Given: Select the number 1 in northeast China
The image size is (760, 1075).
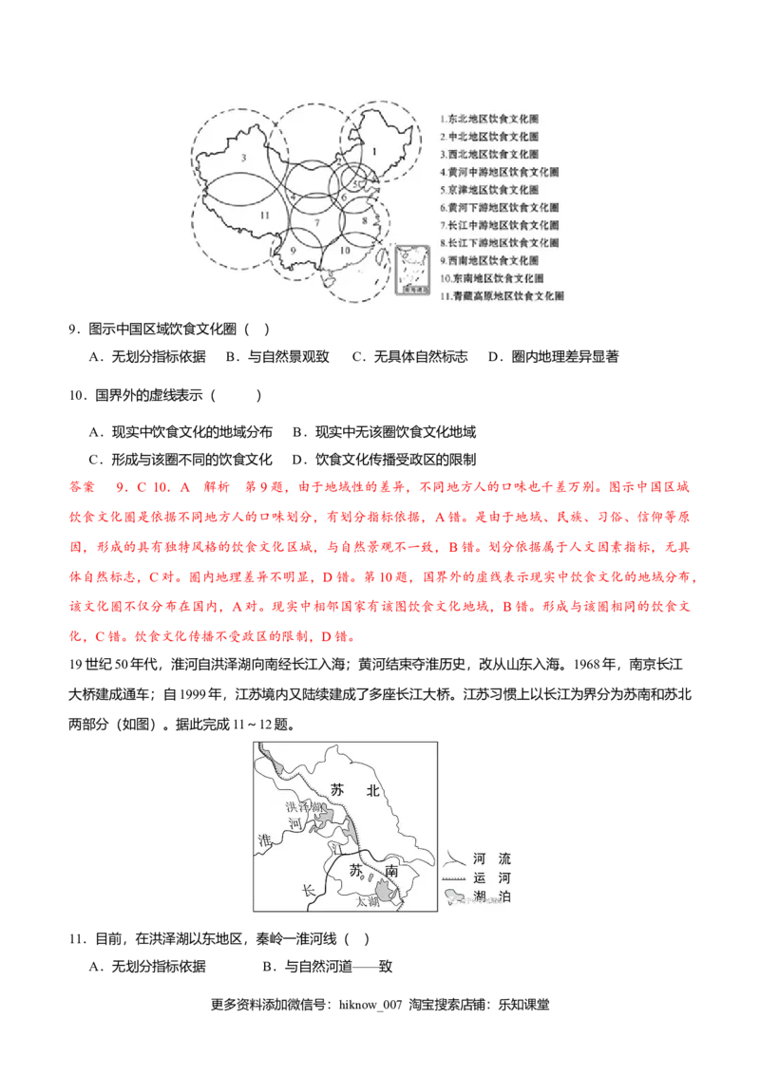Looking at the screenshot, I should click(374, 151).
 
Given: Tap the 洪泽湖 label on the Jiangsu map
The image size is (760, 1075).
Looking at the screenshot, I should click(305, 806).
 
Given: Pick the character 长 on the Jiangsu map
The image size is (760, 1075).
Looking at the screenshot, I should click(307, 891).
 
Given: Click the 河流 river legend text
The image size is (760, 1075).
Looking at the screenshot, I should click(490, 858).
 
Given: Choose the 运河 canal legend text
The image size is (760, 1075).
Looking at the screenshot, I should click(490, 877).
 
